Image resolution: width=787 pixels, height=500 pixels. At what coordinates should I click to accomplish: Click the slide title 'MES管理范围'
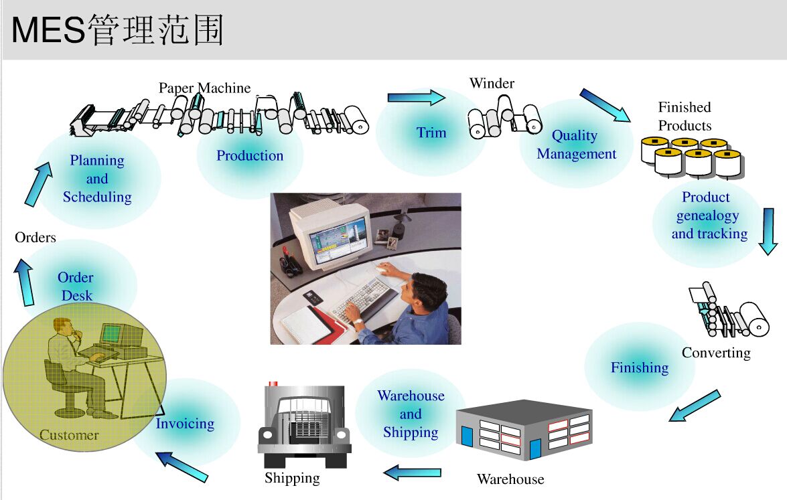point(117,30)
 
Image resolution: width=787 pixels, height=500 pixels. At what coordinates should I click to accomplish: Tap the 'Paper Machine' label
point(204,88)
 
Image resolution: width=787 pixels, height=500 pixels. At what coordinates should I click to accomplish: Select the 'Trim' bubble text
point(431,133)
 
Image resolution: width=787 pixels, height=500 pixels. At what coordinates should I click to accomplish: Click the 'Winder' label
point(492,84)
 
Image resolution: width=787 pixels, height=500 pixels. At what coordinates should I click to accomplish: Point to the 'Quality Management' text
point(576,145)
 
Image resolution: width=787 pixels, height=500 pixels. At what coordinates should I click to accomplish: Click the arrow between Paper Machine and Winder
point(416,98)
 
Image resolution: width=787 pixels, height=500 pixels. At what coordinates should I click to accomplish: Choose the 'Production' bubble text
point(250,156)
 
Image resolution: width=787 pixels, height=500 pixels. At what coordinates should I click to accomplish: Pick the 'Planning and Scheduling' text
point(97,179)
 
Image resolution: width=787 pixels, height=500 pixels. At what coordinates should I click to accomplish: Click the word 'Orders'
point(35,237)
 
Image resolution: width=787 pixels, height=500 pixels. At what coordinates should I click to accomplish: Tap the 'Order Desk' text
point(76,286)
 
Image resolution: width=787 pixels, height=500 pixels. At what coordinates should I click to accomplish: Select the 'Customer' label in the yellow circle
point(69,435)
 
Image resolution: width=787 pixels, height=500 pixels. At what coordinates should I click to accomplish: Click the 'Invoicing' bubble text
point(185,424)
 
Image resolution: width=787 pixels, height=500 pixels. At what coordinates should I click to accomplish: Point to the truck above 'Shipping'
point(305,426)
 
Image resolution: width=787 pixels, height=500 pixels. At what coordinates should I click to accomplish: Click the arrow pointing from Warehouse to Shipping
point(413,473)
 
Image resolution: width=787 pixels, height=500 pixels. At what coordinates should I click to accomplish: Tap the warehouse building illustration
point(524,429)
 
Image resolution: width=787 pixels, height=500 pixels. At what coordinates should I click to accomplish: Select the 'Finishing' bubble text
point(640,367)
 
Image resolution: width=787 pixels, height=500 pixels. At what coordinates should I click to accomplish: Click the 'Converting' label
point(716,353)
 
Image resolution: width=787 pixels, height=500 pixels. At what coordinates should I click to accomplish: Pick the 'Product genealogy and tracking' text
point(709,216)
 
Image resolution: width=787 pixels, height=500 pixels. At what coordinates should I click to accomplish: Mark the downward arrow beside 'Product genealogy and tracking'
point(768,231)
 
